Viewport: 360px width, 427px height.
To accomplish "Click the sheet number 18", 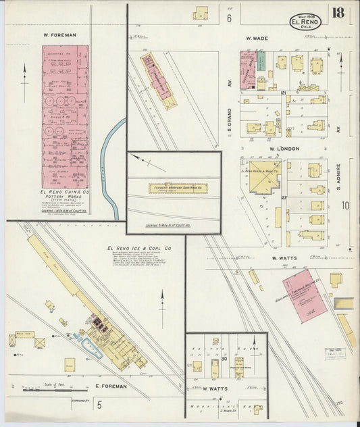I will coord(338,13).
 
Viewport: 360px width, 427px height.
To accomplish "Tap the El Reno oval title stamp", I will coord(306,22).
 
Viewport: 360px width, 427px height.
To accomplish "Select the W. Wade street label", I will coord(257,39).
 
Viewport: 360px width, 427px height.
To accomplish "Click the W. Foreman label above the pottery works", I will coord(59,34).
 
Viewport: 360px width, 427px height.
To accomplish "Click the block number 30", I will coord(223,359).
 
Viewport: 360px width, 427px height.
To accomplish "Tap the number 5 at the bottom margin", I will coord(99,405).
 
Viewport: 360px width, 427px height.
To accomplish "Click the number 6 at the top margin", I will coord(229,18).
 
